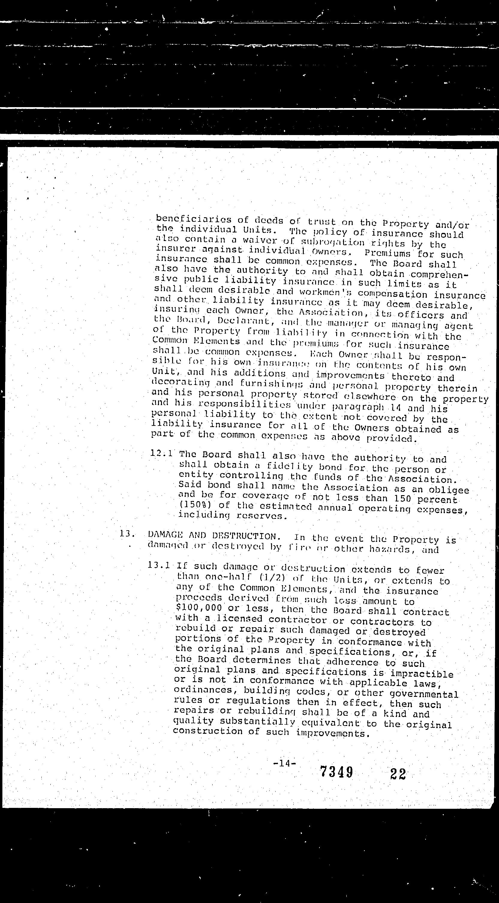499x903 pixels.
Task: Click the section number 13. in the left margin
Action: [x=127, y=534]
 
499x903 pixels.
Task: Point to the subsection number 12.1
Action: [x=161, y=453]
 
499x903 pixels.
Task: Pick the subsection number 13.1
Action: [x=159, y=565]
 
